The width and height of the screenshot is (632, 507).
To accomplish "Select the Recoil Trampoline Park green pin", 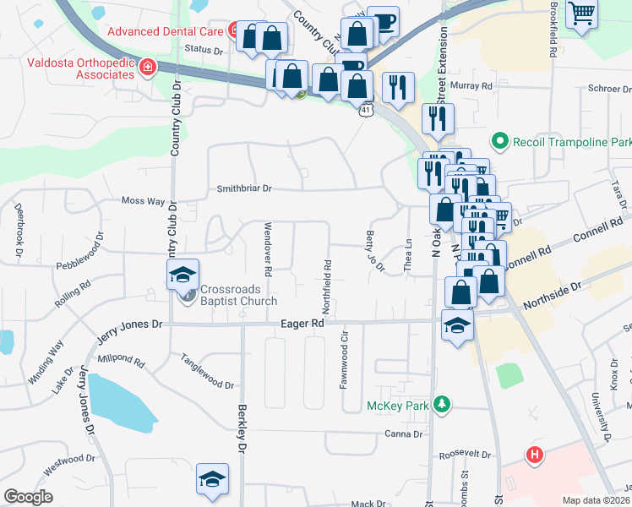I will point(500,141).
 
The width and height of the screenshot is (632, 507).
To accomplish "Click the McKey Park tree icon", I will point(439,406).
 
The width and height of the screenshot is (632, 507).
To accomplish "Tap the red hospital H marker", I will point(534,455).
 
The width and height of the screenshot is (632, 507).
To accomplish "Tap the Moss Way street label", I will point(143,201).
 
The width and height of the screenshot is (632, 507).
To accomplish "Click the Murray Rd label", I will point(477,86).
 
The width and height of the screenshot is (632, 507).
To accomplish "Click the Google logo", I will point(27,497).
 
